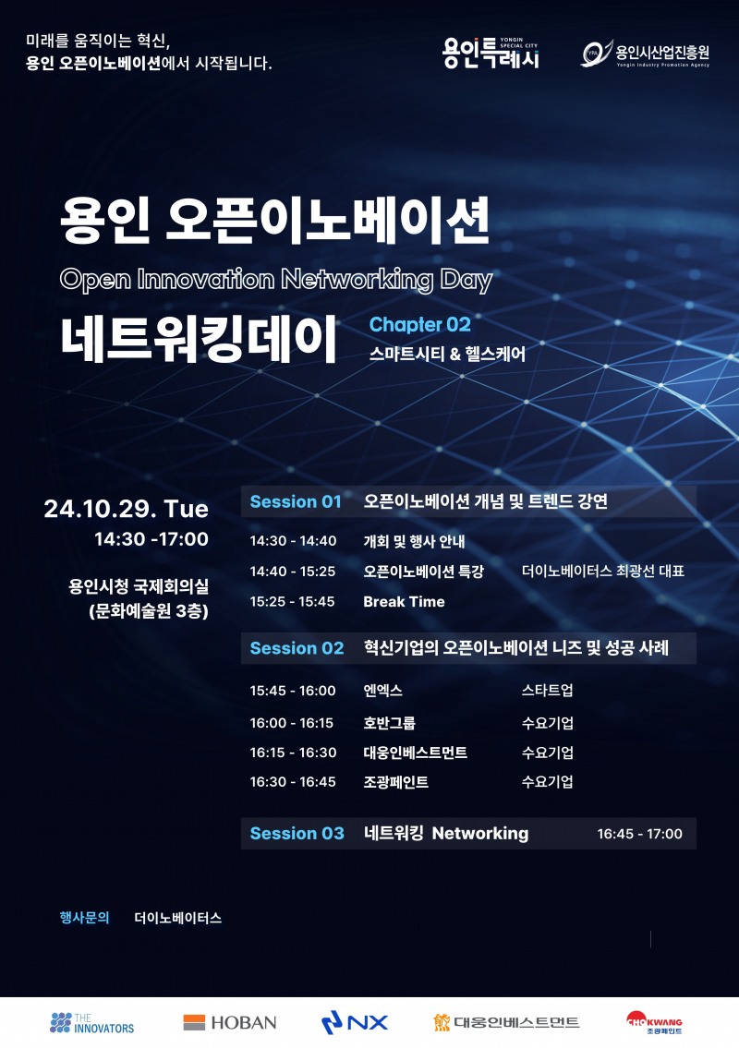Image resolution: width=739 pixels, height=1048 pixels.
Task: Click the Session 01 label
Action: pyautogui.click(x=296, y=502)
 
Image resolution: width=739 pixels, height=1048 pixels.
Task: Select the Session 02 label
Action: pyautogui.click(x=297, y=648)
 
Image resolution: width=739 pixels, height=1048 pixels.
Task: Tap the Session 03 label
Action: pyautogui.click(x=297, y=834)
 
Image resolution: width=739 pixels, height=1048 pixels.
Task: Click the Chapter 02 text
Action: pyautogui.click(x=419, y=325)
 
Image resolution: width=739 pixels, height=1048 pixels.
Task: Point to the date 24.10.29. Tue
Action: pyautogui.click(x=127, y=510)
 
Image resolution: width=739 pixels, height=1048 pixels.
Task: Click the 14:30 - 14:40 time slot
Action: pyautogui.click(x=293, y=542)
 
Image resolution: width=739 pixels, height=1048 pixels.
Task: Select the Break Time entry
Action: pyautogui.click(x=404, y=602)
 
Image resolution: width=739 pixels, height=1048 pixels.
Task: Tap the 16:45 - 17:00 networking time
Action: pyautogui.click(x=639, y=835)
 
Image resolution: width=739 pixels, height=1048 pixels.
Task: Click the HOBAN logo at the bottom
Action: pyautogui.click(x=230, y=1022)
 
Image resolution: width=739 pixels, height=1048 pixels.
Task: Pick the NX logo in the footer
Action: pyautogui.click(x=355, y=1022)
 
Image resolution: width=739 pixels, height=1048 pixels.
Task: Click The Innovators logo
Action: pyautogui.click(x=92, y=1022)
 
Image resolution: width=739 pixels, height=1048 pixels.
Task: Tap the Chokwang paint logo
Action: pyautogui.click(x=654, y=1022)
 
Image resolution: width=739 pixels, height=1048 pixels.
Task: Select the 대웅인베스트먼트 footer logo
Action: pyautogui.click(x=506, y=1022)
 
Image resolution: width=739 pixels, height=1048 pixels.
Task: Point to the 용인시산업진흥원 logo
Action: pyautogui.click(x=645, y=54)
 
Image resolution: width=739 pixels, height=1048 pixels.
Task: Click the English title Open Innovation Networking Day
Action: pyautogui.click(x=276, y=280)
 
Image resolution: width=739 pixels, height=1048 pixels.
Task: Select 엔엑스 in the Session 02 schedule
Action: pyautogui.click(x=382, y=691)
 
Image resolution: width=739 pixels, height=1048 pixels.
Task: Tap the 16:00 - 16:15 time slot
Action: pyautogui.click(x=293, y=724)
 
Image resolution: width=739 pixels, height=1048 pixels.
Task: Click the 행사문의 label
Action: pyautogui.click(x=84, y=918)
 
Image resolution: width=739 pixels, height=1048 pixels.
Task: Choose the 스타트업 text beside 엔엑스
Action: pyautogui.click(x=547, y=691)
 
